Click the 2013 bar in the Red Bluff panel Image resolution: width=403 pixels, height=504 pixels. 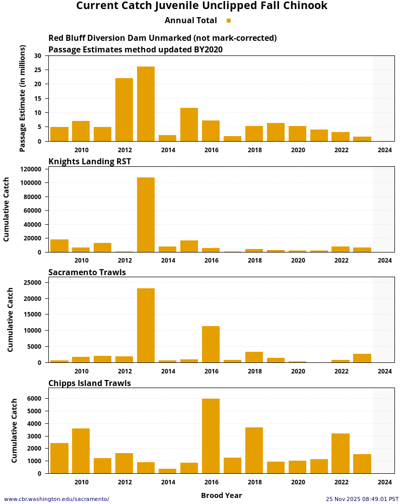click(x=146, y=104)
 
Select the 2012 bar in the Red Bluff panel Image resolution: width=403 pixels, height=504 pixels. click(x=124, y=110)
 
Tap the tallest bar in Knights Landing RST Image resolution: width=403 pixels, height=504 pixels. click(x=146, y=215)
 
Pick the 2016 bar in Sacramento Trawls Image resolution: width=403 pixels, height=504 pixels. click(x=211, y=344)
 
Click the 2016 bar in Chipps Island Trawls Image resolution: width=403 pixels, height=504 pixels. click(x=211, y=436)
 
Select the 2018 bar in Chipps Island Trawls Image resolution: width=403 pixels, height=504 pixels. click(x=254, y=450)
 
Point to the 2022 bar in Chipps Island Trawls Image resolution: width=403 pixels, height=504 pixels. click(x=341, y=453)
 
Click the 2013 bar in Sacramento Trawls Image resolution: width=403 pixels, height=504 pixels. click(x=146, y=325)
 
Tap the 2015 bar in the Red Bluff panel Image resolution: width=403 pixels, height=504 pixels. click(x=189, y=124)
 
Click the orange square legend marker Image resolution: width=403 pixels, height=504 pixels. click(x=229, y=21)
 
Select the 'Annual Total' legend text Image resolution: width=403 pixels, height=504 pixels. click(x=190, y=21)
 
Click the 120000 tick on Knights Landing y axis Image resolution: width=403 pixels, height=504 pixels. click(x=30, y=169)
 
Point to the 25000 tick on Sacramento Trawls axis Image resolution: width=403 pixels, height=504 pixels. click(x=32, y=283)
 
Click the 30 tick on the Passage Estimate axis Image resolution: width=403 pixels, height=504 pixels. click(x=38, y=56)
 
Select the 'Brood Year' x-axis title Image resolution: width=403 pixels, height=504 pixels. click(x=221, y=495)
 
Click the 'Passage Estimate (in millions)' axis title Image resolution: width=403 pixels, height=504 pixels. click(x=23, y=98)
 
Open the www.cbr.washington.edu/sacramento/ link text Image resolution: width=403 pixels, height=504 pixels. click(x=56, y=499)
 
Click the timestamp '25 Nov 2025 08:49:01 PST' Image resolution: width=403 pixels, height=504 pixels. click(x=362, y=499)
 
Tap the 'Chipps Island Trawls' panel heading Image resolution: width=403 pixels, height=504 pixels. click(x=89, y=384)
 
